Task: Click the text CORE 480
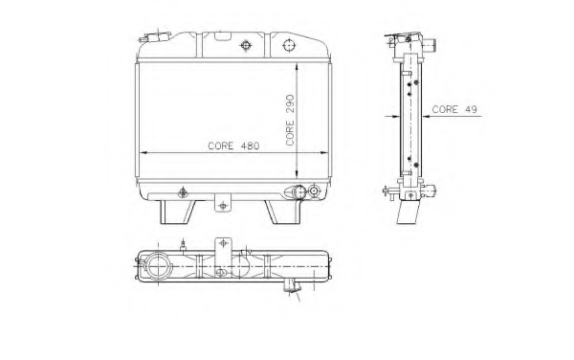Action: (233, 146)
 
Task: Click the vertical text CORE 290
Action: (290, 120)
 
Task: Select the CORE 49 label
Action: (454, 109)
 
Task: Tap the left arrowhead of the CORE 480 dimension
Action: (143, 153)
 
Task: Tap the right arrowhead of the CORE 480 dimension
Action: (323, 153)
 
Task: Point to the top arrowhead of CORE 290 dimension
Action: (297, 66)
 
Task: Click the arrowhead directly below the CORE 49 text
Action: (427, 117)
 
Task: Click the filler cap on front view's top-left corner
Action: (156, 36)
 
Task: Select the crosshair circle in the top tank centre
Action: (246, 45)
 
